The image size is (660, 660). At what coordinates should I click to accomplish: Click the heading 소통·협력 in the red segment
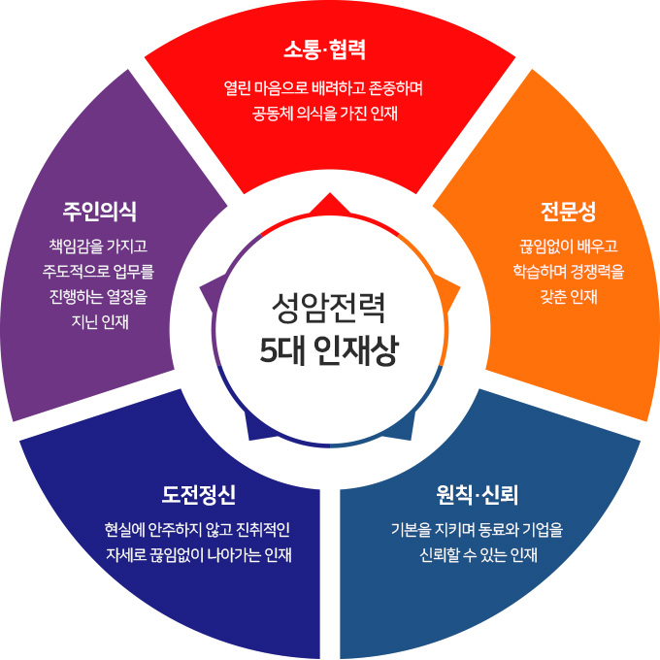pos(330,49)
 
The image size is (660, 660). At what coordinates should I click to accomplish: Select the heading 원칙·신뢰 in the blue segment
pos(478,495)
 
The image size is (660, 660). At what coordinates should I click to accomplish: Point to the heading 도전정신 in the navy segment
pos(198,495)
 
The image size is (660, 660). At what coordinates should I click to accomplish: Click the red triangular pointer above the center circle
pos(330,205)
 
